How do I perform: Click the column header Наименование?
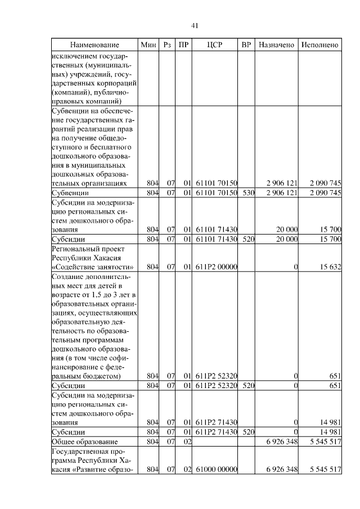click(94, 44)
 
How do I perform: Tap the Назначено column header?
click(276, 44)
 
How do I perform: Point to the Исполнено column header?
click(319, 44)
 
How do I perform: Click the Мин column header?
click(148, 44)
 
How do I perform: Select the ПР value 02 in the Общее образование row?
click(188, 442)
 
